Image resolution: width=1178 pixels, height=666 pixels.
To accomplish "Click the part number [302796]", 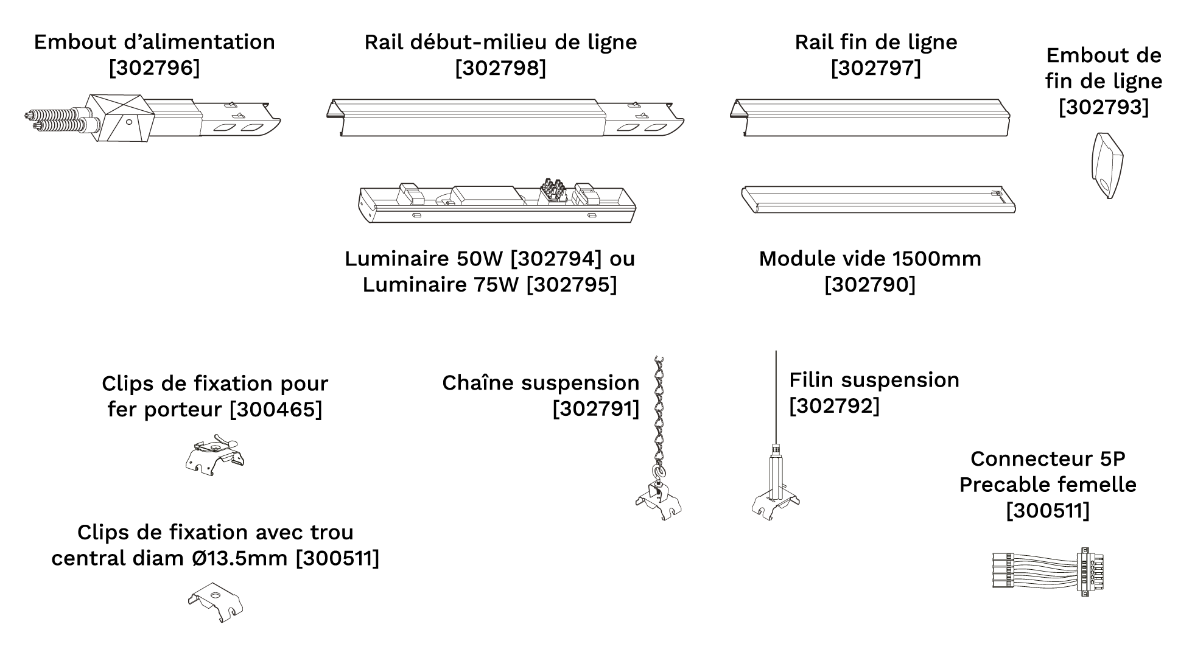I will (x=154, y=68).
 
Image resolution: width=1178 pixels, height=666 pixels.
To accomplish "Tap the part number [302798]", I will (x=500, y=68).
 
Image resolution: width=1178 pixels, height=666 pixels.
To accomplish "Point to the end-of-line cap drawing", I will (x=1106, y=165).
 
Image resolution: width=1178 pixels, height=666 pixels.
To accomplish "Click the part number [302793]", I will (x=1103, y=107).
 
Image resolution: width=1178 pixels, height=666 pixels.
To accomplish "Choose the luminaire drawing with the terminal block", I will (x=496, y=202).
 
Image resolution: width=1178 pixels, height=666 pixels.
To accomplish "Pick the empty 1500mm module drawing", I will (x=877, y=200).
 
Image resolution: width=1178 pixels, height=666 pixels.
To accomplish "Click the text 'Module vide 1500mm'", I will (x=869, y=259).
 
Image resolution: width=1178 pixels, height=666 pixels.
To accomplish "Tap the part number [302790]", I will (x=869, y=285).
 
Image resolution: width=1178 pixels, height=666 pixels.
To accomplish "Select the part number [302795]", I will (x=571, y=285).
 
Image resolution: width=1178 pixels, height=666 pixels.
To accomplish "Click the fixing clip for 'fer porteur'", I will (x=214, y=456).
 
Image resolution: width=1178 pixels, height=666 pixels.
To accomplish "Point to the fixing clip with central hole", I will (x=215, y=601).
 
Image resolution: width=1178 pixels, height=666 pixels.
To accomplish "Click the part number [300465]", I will (x=276, y=409).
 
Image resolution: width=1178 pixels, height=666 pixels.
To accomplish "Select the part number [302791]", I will (x=595, y=409).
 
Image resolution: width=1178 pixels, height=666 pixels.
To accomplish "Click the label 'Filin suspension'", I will (x=874, y=380).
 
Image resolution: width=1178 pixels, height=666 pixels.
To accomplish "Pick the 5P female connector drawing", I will (x=1048, y=570).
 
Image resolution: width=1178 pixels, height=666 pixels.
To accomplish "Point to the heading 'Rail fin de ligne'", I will (x=875, y=42).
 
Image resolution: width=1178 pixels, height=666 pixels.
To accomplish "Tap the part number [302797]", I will (x=875, y=68).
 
